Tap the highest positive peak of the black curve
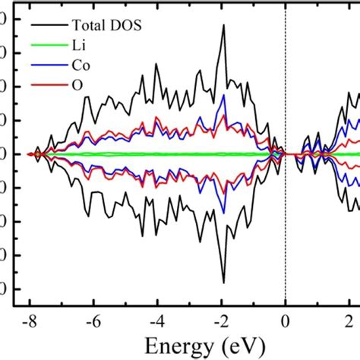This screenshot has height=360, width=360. tap(223, 25)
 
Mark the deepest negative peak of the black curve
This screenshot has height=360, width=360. tap(223, 283)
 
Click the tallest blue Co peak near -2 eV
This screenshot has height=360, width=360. tap(223, 95)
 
